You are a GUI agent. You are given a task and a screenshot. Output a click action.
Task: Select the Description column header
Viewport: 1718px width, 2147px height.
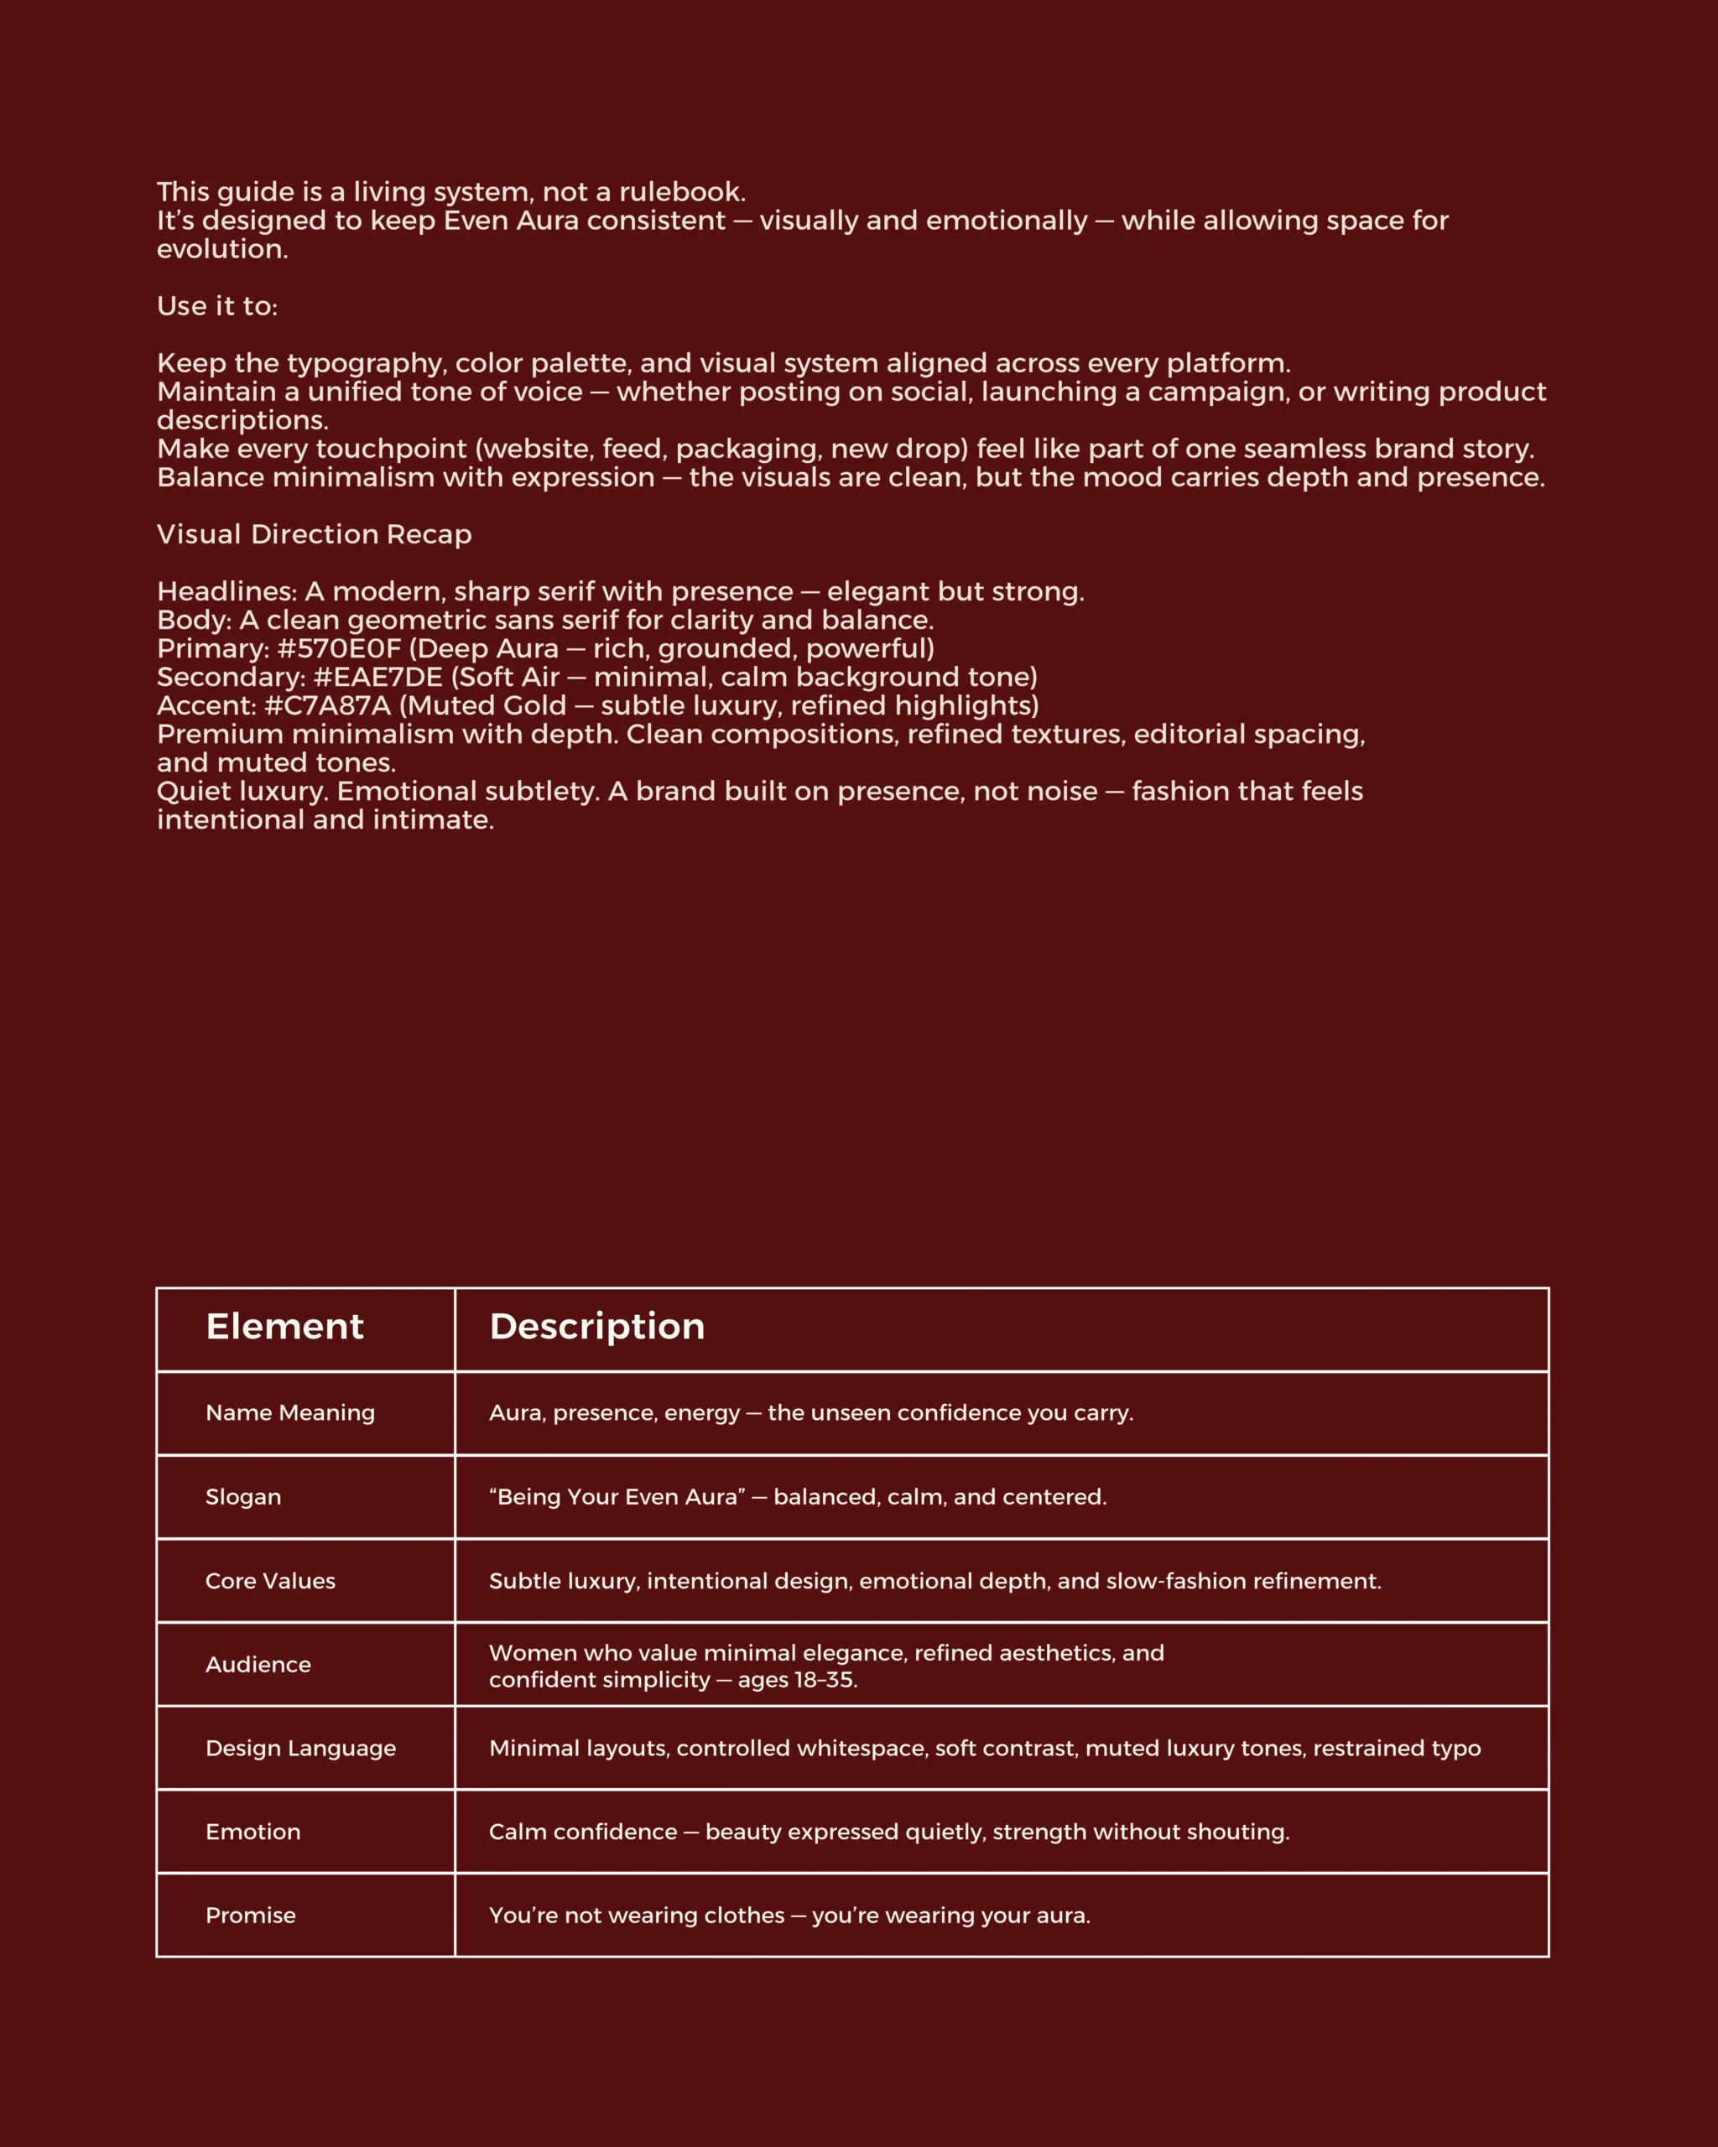(596, 1327)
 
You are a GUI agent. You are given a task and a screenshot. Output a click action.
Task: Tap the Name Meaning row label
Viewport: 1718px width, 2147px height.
(289, 1412)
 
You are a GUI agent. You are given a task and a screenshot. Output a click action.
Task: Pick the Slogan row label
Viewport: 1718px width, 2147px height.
(243, 1497)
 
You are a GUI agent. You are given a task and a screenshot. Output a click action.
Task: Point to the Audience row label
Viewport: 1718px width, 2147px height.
(258, 1664)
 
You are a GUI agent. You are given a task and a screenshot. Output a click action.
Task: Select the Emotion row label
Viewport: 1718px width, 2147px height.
(253, 1832)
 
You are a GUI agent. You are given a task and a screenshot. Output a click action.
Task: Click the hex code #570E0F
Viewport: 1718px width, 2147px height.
(339, 648)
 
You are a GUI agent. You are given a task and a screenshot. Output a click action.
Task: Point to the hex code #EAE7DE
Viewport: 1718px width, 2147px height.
(377, 677)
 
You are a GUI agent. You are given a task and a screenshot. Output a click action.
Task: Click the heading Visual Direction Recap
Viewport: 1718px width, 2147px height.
(314, 535)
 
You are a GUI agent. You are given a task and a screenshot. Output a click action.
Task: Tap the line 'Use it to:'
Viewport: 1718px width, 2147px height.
(217, 306)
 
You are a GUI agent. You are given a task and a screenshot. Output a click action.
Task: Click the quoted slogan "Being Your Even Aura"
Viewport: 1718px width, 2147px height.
(617, 1497)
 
